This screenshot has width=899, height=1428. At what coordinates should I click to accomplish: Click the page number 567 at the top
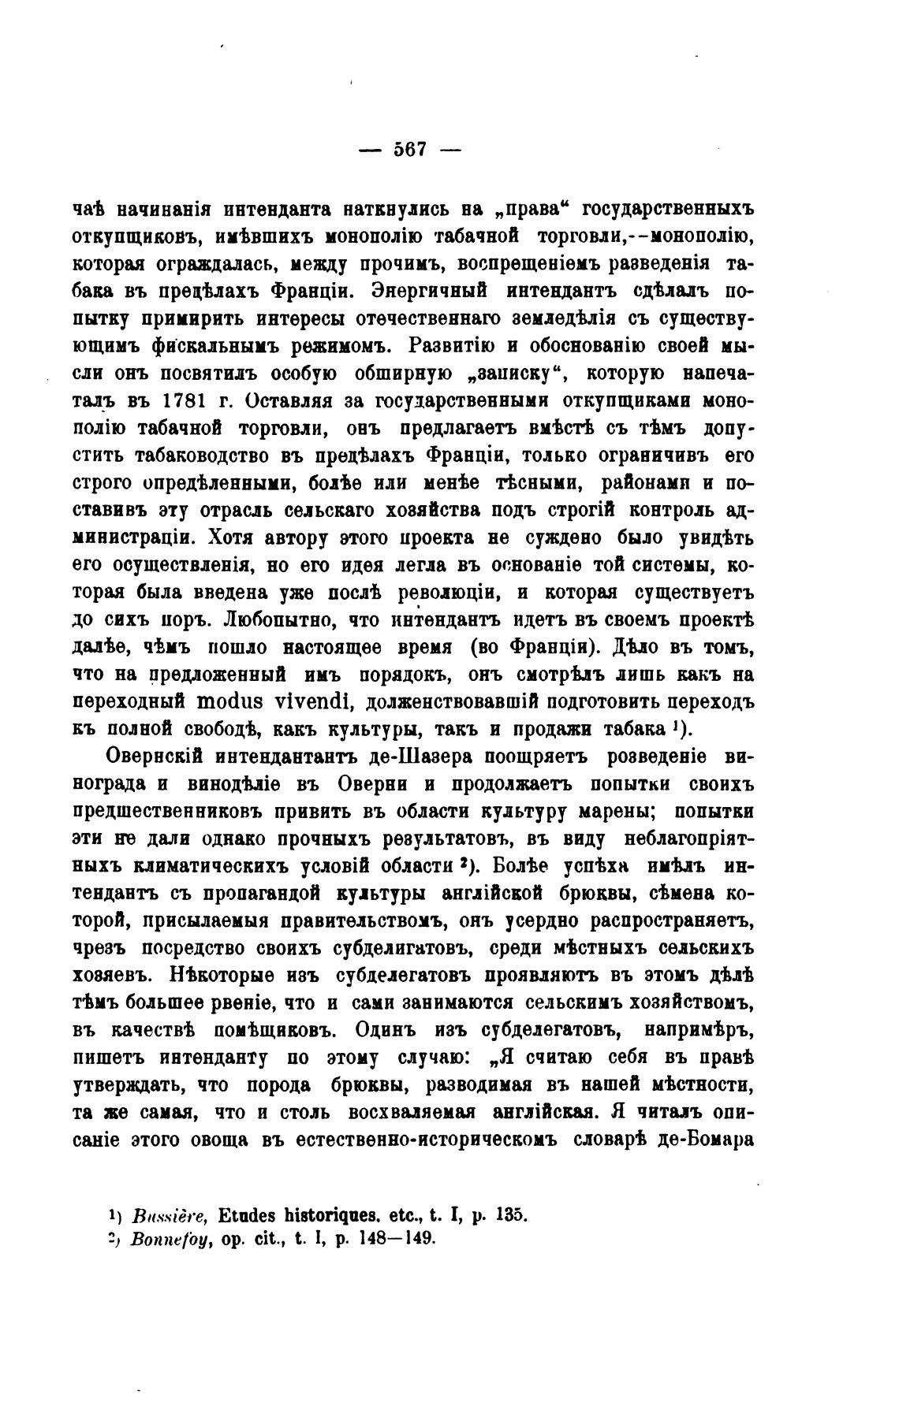[x=410, y=149]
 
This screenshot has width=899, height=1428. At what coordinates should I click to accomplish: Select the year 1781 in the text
[x=185, y=400]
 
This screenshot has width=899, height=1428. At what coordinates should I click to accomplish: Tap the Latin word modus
[x=231, y=701]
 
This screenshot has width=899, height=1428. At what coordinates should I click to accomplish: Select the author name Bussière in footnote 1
[x=170, y=1214]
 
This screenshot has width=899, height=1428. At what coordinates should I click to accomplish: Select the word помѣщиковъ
[x=271, y=1030]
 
